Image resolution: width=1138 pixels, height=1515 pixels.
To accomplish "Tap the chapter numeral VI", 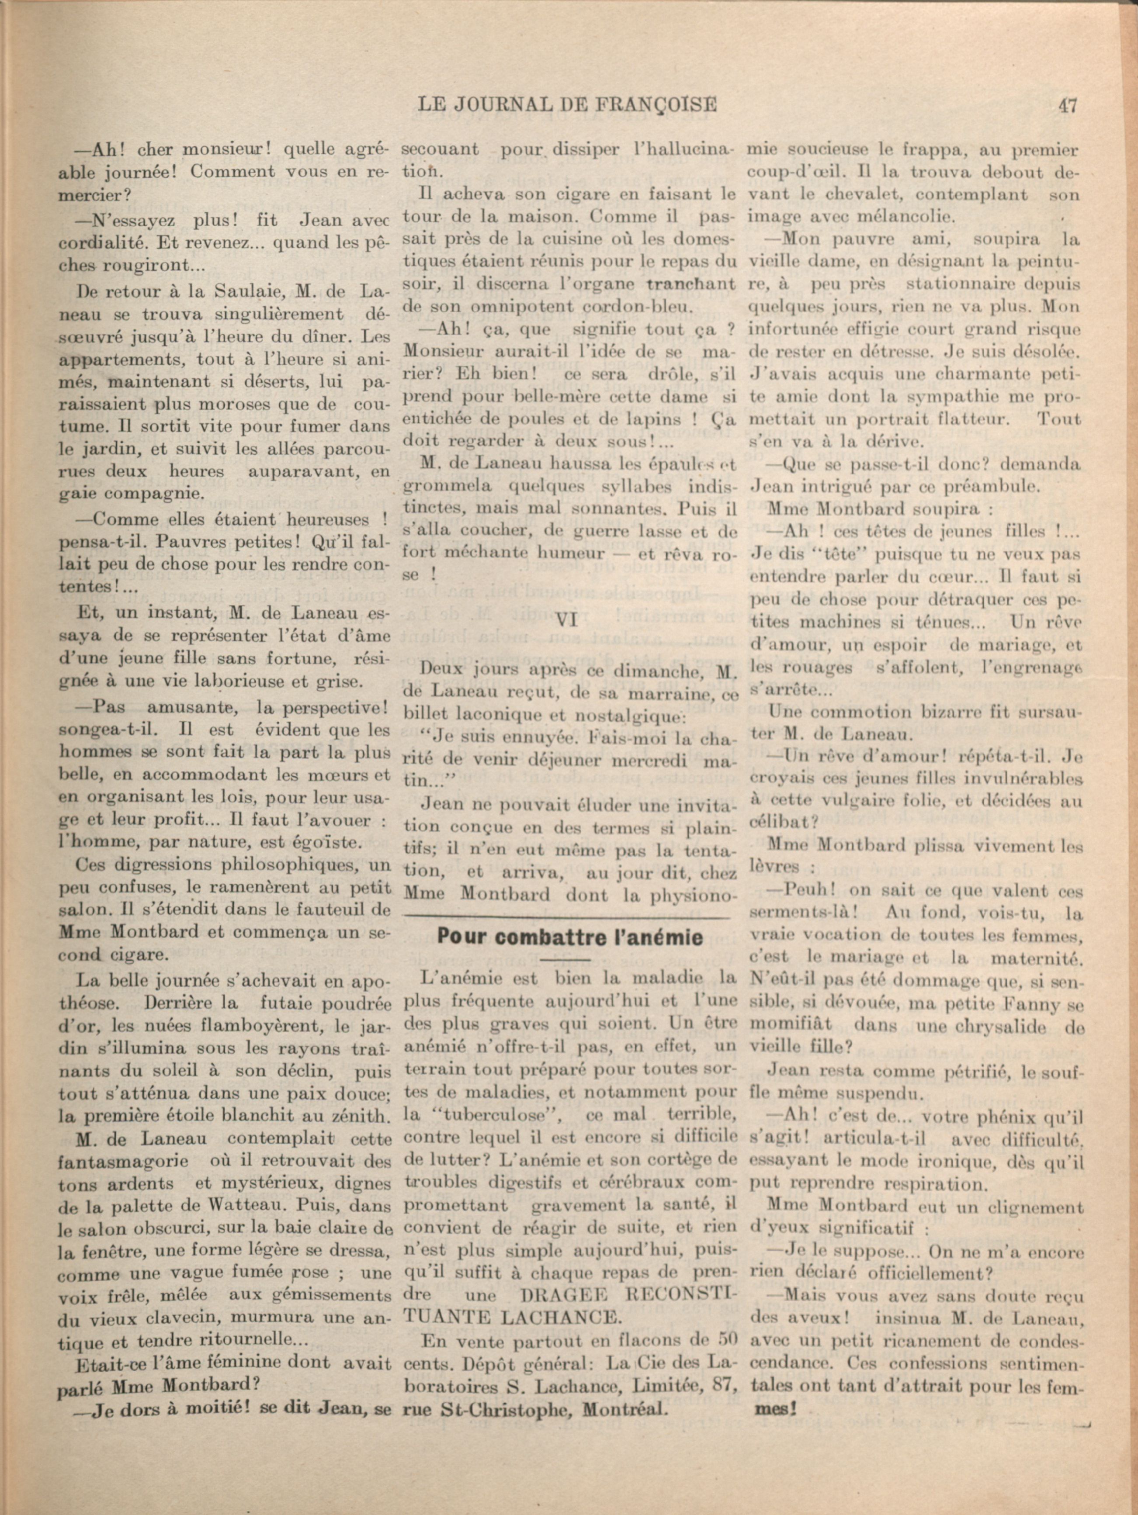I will pos(567,620).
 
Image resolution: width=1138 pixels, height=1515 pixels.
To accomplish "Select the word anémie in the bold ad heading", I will pos(659,937).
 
